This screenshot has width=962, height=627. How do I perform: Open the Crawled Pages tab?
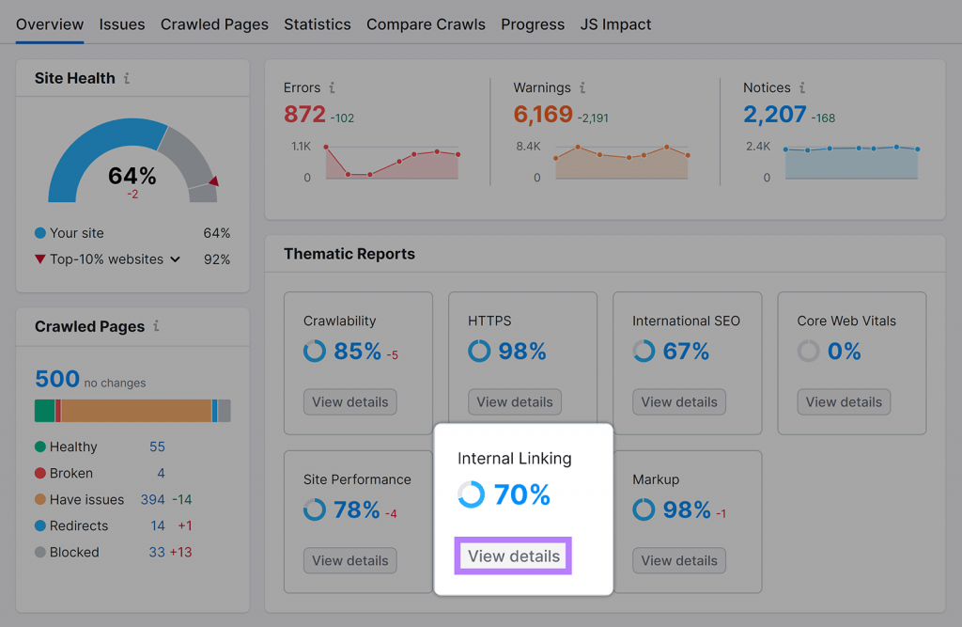214,24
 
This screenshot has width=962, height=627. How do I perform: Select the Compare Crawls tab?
426,24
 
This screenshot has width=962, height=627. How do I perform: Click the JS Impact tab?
615,24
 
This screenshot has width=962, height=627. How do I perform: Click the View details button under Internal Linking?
514,556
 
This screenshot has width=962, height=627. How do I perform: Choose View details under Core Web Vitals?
844,402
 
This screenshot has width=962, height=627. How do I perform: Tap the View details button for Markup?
679,561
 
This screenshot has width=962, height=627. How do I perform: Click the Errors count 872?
304,115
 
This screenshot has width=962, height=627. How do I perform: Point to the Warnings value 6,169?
543,115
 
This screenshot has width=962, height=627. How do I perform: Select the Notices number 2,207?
775,115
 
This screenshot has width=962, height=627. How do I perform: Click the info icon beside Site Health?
127,79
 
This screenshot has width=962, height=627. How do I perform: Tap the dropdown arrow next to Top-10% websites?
175,259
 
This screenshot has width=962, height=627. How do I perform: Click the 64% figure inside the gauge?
132,176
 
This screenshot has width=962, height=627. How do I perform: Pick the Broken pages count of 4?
161,474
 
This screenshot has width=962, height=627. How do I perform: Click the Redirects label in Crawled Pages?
79,526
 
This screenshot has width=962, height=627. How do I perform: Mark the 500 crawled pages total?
57,379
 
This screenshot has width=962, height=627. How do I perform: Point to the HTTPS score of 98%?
522,352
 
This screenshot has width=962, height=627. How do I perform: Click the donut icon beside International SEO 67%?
644,352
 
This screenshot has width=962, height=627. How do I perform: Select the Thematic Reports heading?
349,254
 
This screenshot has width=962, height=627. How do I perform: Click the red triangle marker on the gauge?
214,181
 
